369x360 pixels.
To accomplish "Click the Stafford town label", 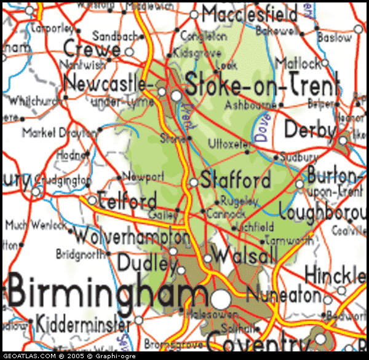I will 236,181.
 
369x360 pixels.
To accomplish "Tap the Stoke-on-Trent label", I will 263,85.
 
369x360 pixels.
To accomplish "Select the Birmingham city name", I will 101,293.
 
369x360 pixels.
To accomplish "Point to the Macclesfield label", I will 250,13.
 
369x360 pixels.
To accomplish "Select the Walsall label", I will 245,254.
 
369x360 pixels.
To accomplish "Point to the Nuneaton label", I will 284,295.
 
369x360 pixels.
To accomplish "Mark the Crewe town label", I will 92,48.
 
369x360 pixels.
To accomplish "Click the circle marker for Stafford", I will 194,182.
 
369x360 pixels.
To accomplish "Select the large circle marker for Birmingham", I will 221,300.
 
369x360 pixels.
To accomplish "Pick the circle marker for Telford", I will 93,200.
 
